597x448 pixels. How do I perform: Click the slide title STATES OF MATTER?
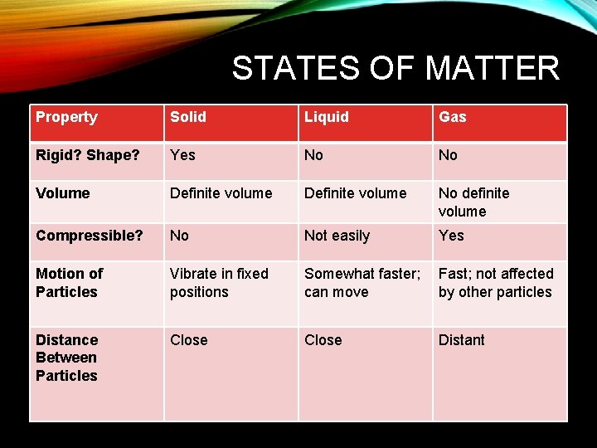396,68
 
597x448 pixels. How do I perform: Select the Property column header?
66,117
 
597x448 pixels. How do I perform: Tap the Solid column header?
188,117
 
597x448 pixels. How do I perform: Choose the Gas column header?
453,117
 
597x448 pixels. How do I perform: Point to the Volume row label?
63,193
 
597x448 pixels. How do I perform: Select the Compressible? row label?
90,236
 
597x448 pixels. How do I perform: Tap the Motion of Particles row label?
70,283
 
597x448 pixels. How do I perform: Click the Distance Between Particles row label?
67,358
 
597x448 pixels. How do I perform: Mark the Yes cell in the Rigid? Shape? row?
183,155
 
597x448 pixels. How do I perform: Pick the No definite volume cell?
473,202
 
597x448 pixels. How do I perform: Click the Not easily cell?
337,236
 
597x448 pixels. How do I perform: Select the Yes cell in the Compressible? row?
452,236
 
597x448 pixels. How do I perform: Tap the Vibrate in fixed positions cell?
219,283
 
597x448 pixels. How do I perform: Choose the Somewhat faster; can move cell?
362,283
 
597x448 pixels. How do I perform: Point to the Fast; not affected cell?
495,283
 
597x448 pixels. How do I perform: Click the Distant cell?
462,340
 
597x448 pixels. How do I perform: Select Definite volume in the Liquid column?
355,193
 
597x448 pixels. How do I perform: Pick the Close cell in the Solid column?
189,340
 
